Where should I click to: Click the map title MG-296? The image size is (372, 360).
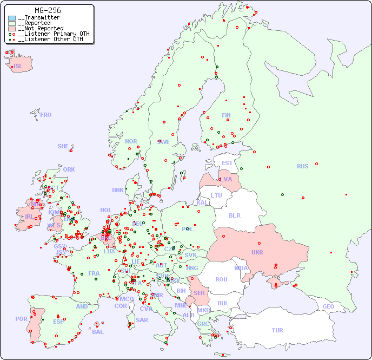48,10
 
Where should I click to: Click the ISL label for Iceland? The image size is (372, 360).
18,67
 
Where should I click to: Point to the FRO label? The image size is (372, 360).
46,115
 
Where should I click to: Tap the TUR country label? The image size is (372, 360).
277,330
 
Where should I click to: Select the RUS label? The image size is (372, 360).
302,166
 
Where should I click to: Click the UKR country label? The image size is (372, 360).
257,252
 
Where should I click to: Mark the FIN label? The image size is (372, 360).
226,115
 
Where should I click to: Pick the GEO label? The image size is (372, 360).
328,306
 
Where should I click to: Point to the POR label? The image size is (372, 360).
21,319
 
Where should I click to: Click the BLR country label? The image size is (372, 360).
234,215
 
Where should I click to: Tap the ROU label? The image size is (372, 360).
221,279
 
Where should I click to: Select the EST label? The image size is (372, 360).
227,163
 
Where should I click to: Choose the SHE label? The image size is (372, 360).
63,146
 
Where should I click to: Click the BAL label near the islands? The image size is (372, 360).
98,332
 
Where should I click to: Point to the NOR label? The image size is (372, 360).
131,141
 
